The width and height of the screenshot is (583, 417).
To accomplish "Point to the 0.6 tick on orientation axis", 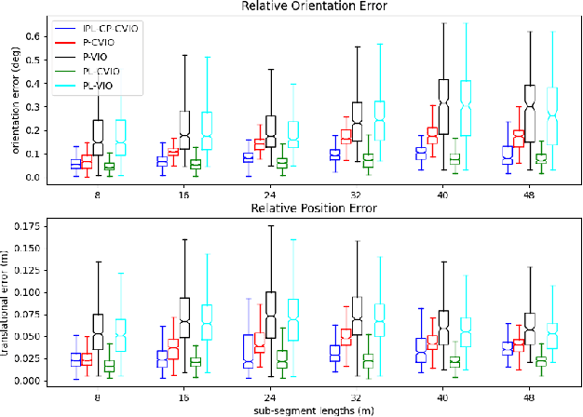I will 32,36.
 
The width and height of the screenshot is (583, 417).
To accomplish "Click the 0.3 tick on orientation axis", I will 32,106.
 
